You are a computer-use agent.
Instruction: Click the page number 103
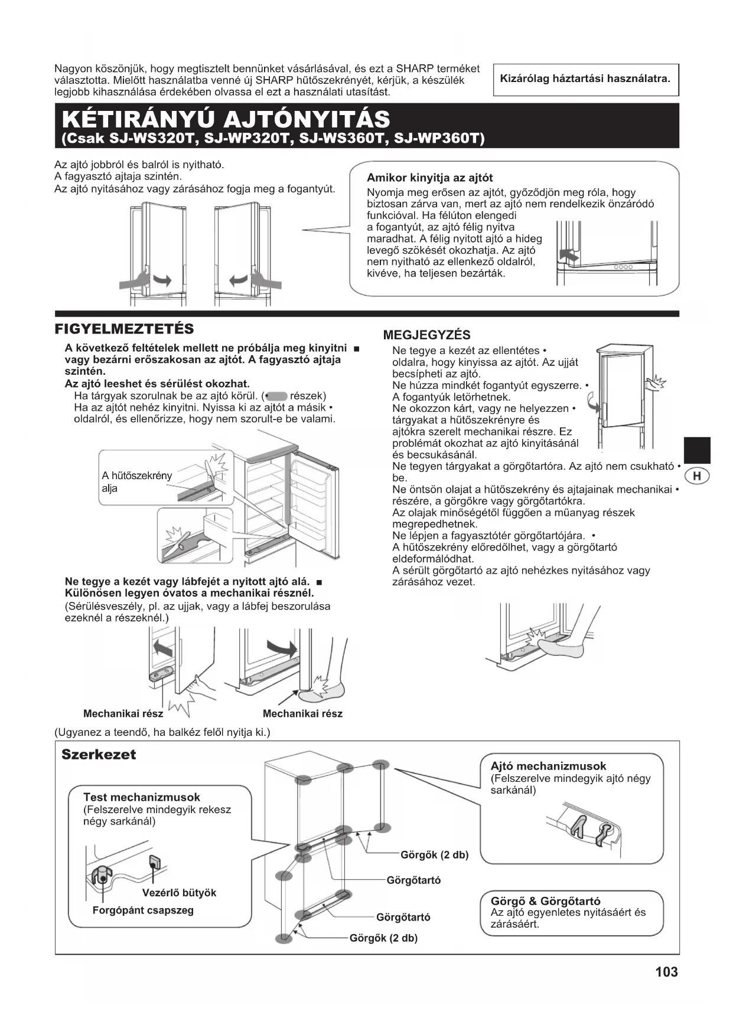[x=666, y=971]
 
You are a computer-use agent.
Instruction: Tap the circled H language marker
[x=697, y=476]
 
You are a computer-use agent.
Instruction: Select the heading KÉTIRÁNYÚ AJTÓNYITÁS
[x=226, y=119]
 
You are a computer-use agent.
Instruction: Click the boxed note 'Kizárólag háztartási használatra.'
[x=585, y=78]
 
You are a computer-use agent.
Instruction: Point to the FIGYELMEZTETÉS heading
[x=124, y=329]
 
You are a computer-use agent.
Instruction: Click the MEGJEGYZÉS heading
[x=427, y=335]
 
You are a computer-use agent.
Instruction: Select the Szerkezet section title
[x=99, y=754]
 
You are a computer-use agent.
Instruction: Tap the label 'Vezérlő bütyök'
[x=179, y=893]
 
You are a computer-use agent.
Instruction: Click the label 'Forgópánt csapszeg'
[x=143, y=910]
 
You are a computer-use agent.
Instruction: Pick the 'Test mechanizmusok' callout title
[x=142, y=797]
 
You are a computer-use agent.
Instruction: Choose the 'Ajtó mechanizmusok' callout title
[x=548, y=766]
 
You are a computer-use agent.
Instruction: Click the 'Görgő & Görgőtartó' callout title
[x=545, y=901]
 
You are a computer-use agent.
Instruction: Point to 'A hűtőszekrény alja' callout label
[x=136, y=482]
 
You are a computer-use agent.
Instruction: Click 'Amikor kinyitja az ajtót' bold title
[x=429, y=178]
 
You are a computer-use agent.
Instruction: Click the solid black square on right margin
[x=697, y=450]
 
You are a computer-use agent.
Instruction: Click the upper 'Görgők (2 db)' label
[x=434, y=854]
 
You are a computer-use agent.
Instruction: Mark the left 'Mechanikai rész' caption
[x=123, y=713]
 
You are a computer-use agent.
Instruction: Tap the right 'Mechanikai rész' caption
[x=302, y=713]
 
